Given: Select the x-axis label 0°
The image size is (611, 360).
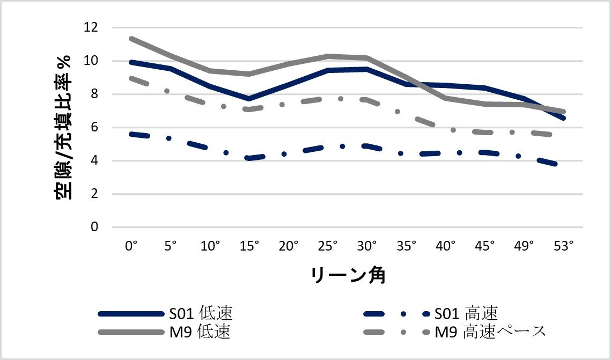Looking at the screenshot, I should coord(131,246).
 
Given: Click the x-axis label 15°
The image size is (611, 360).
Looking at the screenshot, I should coord(249,246).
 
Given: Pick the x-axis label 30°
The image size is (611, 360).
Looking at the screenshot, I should coord(367,246).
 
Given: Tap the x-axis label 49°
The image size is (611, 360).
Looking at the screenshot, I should coord(525,246).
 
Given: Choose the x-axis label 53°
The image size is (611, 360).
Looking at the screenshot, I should coord(564,246).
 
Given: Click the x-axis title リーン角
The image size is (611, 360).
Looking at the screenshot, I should coord(348,275).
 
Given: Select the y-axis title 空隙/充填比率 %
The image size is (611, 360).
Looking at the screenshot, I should coord(64,127).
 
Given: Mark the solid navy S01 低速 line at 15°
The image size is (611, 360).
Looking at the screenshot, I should coord(249,99).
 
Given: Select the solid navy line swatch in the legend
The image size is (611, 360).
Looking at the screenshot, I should coord(130,313).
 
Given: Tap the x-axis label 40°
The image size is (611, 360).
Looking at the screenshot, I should coord(446,246).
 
